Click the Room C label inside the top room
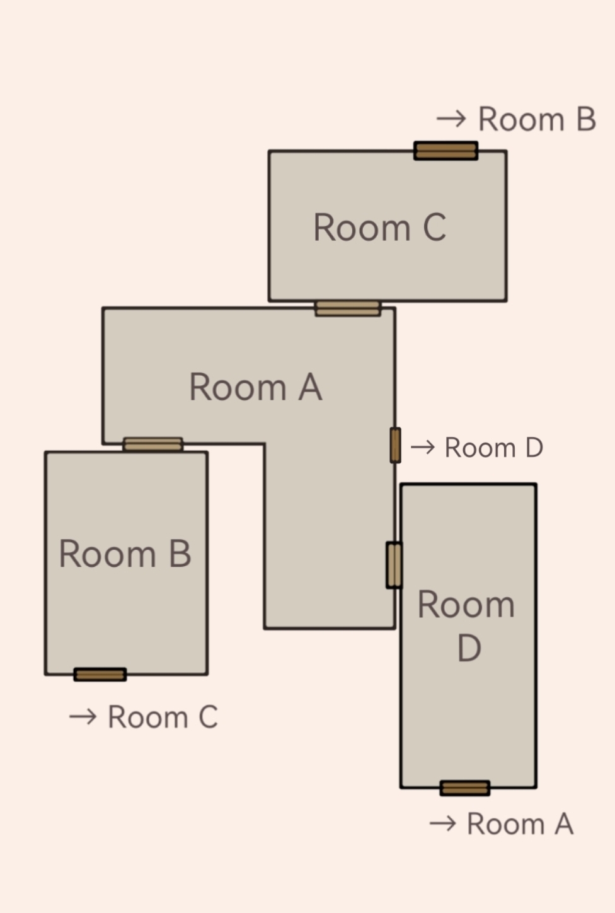coord(379,228)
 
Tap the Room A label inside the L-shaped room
coord(256,387)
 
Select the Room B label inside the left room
coord(125,553)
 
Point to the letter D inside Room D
coord(469,648)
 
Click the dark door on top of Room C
coord(446,151)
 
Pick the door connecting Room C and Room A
coord(348,308)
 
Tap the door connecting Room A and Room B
coord(153,445)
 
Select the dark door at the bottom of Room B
coord(100,675)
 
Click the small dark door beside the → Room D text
coord(395,445)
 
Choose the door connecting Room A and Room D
coord(394,565)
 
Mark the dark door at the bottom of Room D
coord(464,788)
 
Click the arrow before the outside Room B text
coord(451,119)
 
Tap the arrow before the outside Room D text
coord(423,448)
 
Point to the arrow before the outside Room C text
coord(83,716)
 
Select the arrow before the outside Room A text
coord(443,823)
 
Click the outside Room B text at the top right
coord(537,119)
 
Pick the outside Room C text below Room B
coord(163,716)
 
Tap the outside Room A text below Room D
coord(520,823)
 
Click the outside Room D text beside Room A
coord(494,448)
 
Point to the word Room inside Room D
coord(466,604)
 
